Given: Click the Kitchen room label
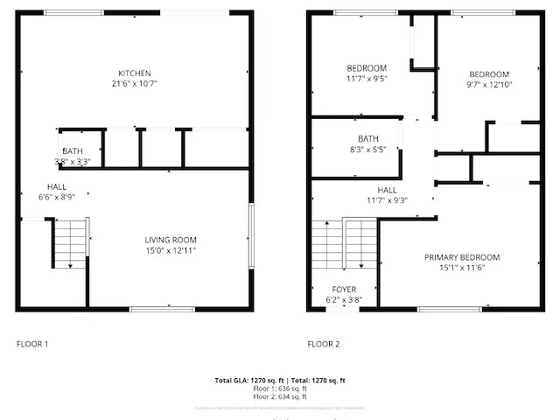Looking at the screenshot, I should pos(136,73).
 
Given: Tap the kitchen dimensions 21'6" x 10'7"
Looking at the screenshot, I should pos(136,84).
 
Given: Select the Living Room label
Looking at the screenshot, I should pos(170,240).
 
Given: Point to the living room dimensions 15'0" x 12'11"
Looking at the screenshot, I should pos(170,251).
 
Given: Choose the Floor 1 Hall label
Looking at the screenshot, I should pos(57,186).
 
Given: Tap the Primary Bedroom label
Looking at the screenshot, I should pos(462,257).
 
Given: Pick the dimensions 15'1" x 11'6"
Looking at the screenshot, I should pos(462,269).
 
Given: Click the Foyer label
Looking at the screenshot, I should pos(343,289).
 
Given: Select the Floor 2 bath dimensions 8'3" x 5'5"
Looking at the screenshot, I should pos(367,150).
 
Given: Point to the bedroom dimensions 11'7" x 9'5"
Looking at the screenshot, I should pos(367,79).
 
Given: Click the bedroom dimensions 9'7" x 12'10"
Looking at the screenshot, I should pos(488,85).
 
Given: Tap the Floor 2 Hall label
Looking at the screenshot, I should pos(387,190).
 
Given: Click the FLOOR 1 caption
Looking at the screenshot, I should pos(33,344).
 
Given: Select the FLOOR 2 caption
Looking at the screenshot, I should pos(323,344).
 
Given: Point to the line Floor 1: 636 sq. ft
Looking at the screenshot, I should pos(280,388).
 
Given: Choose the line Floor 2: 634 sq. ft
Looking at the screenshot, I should pos(280,396).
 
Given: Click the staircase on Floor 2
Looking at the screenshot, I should pos(344,244).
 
